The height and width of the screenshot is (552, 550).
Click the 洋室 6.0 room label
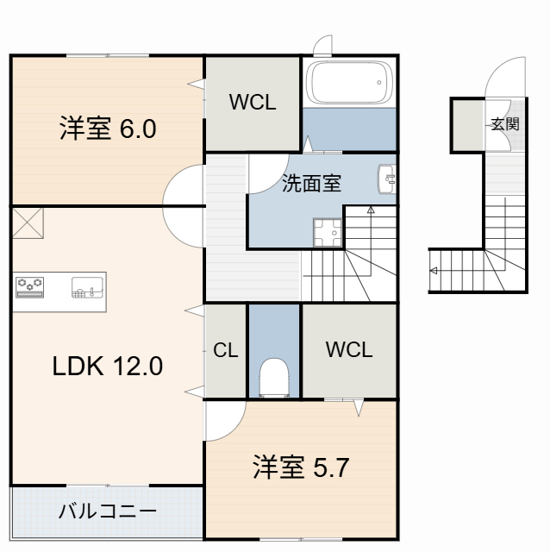point(107,129)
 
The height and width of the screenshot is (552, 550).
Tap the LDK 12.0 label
point(107,367)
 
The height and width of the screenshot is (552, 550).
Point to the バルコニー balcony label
point(107,511)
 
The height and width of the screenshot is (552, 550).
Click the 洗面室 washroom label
point(312,183)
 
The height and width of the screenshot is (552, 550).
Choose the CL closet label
point(226,350)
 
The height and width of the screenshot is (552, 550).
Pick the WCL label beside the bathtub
point(253,103)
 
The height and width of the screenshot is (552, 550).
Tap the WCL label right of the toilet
point(349,350)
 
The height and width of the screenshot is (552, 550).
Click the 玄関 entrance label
point(505,123)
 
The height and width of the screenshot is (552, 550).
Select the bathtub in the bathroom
point(350,85)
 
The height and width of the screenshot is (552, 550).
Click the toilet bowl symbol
point(274,377)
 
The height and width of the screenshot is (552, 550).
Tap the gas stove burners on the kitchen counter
point(31,286)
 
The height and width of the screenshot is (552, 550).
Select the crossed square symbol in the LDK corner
point(28,223)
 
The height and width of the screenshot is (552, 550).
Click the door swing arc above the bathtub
point(322,46)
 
